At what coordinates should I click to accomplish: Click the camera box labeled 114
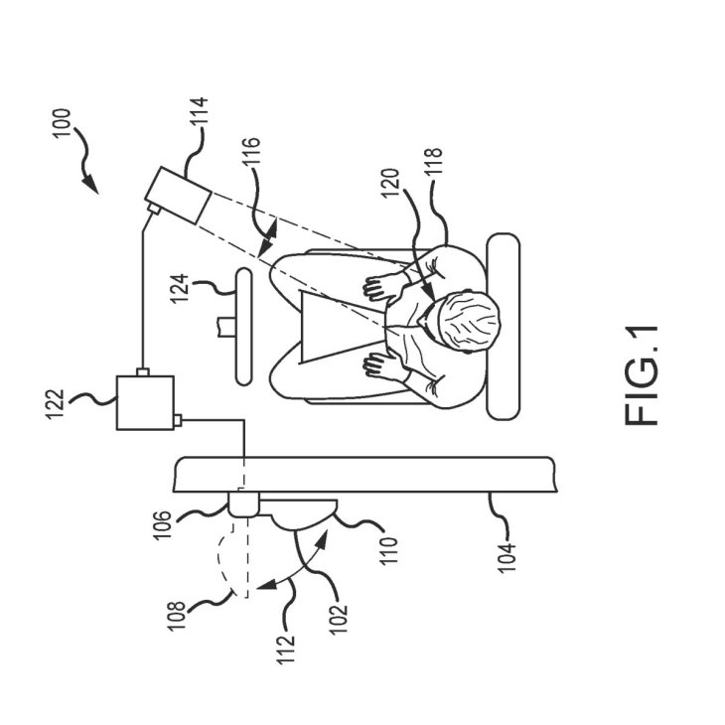tap(177, 194)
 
